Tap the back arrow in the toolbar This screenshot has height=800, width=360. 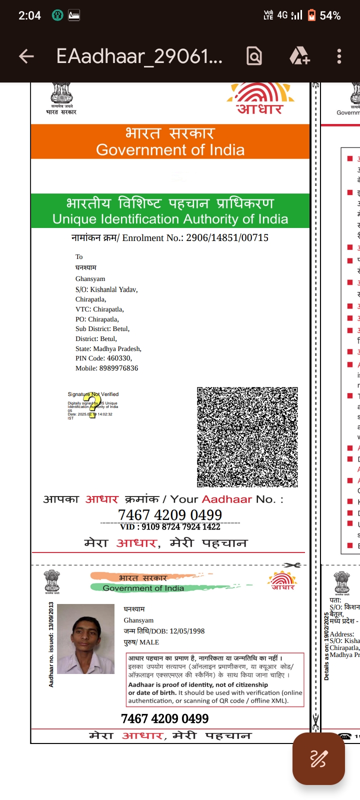tap(26, 56)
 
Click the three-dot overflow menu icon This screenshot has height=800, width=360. tap(339, 56)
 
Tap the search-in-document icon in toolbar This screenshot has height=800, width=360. tap(254, 56)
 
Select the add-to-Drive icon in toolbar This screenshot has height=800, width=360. tap(299, 56)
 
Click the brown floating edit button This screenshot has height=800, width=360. tap(318, 758)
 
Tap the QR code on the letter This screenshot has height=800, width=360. tap(247, 436)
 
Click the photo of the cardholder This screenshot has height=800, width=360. tap(85, 638)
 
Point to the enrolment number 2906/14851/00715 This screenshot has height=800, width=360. tap(227, 238)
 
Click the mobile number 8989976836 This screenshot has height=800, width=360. tap(118, 368)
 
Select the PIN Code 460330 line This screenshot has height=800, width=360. tap(103, 358)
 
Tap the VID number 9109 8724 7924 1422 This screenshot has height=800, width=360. tap(170, 526)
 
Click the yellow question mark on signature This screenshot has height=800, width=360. tap(92, 405)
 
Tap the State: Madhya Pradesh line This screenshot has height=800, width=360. tap(108, 348)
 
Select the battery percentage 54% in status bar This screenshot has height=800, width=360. tap(330, 15)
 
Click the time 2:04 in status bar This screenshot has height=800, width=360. tap(29, 15)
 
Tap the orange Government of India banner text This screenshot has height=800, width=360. tap(170, 149)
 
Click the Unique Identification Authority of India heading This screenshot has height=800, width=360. tap(170, 219)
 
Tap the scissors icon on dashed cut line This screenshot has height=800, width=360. tap(291, 565)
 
